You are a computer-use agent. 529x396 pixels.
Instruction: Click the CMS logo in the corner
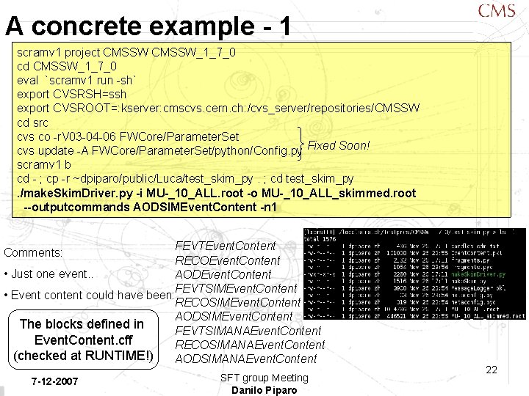tap(496, 11)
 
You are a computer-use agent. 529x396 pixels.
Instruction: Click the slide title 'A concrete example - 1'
tap(149, 26)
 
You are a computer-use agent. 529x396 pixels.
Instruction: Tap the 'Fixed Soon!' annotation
tap(338, 145)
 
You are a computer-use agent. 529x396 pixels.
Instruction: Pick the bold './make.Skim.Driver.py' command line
tap(216, 194)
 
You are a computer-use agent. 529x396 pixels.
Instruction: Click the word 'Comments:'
tap(33, 253)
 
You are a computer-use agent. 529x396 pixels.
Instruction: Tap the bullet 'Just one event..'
tap(44, 275)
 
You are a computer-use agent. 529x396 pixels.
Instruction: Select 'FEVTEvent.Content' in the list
tap(226, 246)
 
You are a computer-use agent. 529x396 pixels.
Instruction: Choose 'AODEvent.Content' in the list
tap(223, 274)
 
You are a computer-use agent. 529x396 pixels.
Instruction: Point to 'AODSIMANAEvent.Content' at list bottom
tap(245, 359)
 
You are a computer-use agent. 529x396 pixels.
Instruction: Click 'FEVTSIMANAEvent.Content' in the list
tap(248, 330)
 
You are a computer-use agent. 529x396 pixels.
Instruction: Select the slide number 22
tap(492, 370)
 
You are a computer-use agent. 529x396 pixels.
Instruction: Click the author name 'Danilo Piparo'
tap(264, 390)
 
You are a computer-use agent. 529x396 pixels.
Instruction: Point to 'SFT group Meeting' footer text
tap(264, 378)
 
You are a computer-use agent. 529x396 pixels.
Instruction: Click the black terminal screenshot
tap(414, 274)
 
